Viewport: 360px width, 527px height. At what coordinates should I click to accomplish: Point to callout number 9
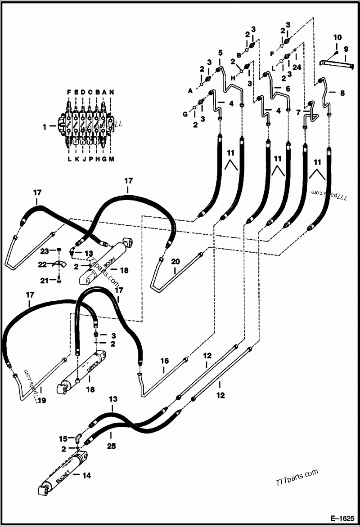(x=346, y=49)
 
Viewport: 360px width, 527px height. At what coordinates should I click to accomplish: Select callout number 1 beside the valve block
(x=45, y=127)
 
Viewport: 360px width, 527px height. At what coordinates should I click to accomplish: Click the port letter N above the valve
(x=112, y=92)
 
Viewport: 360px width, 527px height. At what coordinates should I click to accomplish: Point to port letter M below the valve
(x=112, y=159)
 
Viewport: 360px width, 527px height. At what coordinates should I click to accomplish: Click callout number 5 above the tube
(x=220, y=53)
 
